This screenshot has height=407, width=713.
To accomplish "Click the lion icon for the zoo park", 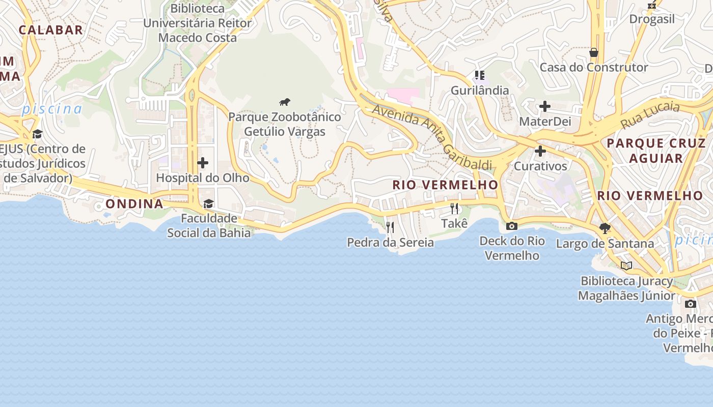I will click(x=285, y=102).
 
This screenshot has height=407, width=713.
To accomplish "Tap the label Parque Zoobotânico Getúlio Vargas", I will click(x=284, y=124).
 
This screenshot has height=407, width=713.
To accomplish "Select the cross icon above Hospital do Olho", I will click(x=203, y=163).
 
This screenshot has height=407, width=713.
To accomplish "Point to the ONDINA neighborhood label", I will click(x=134, y=204).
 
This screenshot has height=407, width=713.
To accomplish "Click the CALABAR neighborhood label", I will click(x=51, y=30).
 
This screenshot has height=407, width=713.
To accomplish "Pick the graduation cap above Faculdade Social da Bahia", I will click(x=208, y=203).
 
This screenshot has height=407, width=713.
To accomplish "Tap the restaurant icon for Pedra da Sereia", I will click(x=390, y=227).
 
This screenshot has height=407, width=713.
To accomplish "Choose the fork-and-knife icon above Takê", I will click(x=454, y=208).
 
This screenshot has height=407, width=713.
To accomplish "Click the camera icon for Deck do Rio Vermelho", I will click(x=512, y=226).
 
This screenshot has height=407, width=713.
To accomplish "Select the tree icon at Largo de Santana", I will click(x=605, y=228).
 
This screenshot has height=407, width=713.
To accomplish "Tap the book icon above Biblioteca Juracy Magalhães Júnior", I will click(x=626, y=266).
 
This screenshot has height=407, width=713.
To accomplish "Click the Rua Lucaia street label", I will click(x=650, y=115).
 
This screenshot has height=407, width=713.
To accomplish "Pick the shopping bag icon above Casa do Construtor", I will click(x=593, y=52).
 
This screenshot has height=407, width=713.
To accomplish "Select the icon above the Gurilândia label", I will click(x=480, y=75).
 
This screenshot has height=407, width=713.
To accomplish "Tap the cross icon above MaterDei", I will click(x=545, y=106).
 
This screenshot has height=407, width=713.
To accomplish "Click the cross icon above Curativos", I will click(x=540, y=151).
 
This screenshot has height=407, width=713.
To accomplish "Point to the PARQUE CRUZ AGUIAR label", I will click(x=656, y=150).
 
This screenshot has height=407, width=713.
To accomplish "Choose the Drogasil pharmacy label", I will click(x=652, y=19).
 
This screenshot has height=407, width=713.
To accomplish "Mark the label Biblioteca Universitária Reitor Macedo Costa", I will click(x=198, y=23).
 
